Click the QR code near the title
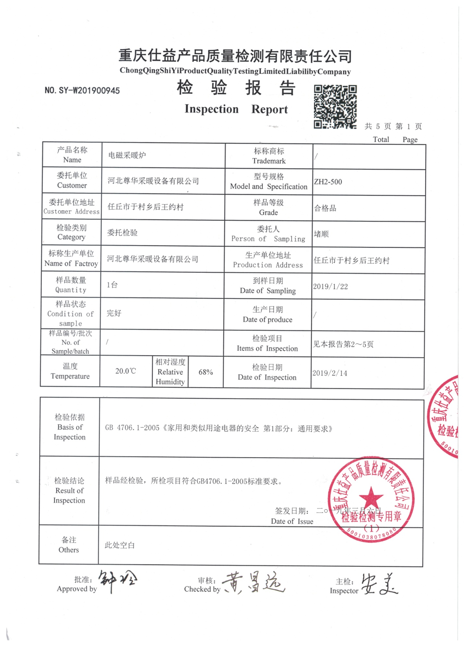click(335, 107)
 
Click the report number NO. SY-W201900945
click(82, 90)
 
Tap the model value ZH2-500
click(328, 182)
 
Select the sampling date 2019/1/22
click(330, 287)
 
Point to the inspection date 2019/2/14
click(330, 373)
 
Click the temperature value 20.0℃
click(126, 371)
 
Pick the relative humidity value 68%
click(206, 372)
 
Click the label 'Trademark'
click(269, 161)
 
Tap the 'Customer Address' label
click(71, 211)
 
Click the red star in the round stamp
click(371, 498)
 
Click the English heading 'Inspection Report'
click(236, 109)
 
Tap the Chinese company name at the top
click(235, 56)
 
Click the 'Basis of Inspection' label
click(70, 427)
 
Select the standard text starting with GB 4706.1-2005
click(219, 428)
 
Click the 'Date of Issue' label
click(292, 521)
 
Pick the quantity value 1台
click(112, 285)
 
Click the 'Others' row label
click(69, 550)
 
